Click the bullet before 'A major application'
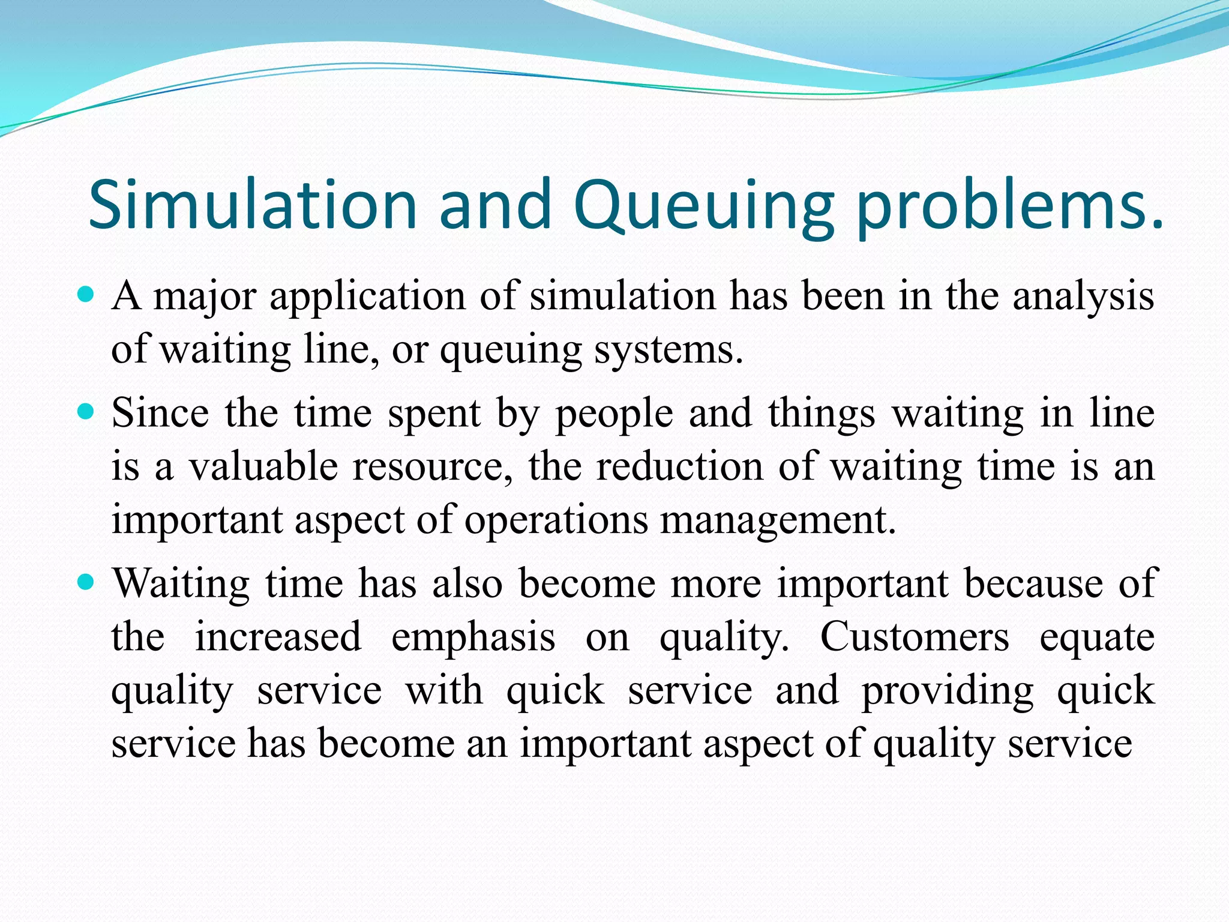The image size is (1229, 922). [86, 295]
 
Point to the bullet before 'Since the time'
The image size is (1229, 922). [86, 412]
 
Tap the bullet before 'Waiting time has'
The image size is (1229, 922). [86, 582]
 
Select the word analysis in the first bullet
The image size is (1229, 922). [1083, 297]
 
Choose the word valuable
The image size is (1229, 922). [263, 466]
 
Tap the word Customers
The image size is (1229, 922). [915, 637]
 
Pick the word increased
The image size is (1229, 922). [278, 637]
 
